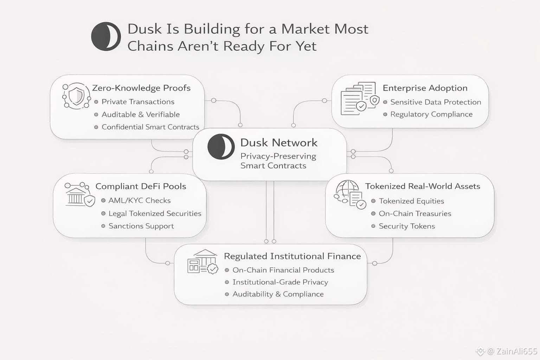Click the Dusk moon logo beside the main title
106,37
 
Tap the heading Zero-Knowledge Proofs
141,88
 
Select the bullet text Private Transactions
138,102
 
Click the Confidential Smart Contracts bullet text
150,127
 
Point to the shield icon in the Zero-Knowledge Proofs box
76,96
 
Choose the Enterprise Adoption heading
425,88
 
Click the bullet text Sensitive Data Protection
435,102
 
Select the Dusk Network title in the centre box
279,142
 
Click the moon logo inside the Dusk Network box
221,147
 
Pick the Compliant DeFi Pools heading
141,186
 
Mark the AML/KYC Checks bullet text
139,200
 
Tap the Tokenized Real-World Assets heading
422,186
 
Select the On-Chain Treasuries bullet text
415,213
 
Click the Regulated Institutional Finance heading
292,256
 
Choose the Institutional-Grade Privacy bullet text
280,282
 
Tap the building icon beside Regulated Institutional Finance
202,262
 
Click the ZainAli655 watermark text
516,351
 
